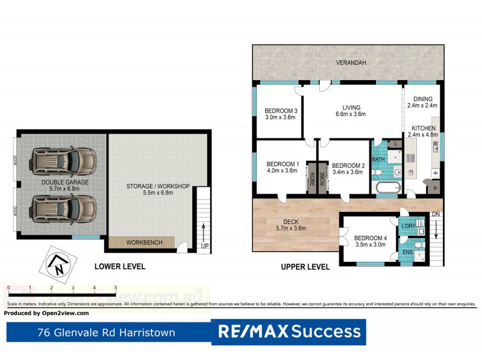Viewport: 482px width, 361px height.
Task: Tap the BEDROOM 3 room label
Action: (x=281, y=114)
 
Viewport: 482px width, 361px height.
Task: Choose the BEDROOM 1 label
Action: (x=283, y=167)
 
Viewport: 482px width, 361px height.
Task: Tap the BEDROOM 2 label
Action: (x=348, y=169)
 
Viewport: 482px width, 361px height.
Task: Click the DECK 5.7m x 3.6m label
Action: (x=291, y=224)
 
